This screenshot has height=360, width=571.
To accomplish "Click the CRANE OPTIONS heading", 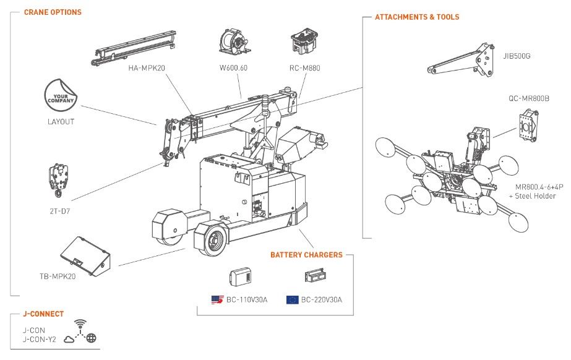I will [53, 12].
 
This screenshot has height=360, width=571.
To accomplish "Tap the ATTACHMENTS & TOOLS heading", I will [417, 17].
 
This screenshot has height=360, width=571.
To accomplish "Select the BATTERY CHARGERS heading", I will [306, 255].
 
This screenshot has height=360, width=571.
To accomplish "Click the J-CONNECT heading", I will [44, 314].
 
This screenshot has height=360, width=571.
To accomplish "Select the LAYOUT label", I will [61, 121].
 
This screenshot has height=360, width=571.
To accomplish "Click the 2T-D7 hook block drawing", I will [58, 179].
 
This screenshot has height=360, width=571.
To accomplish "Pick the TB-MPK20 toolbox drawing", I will [85, 254].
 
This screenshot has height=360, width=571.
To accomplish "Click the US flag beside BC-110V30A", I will [217, 300].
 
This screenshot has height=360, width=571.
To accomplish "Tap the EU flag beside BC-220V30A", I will [292, 300].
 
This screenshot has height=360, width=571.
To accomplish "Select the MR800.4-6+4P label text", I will [535, 187].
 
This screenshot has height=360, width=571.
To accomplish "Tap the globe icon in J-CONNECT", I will [92, 338].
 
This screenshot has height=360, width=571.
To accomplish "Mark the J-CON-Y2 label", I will [38, 338].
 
